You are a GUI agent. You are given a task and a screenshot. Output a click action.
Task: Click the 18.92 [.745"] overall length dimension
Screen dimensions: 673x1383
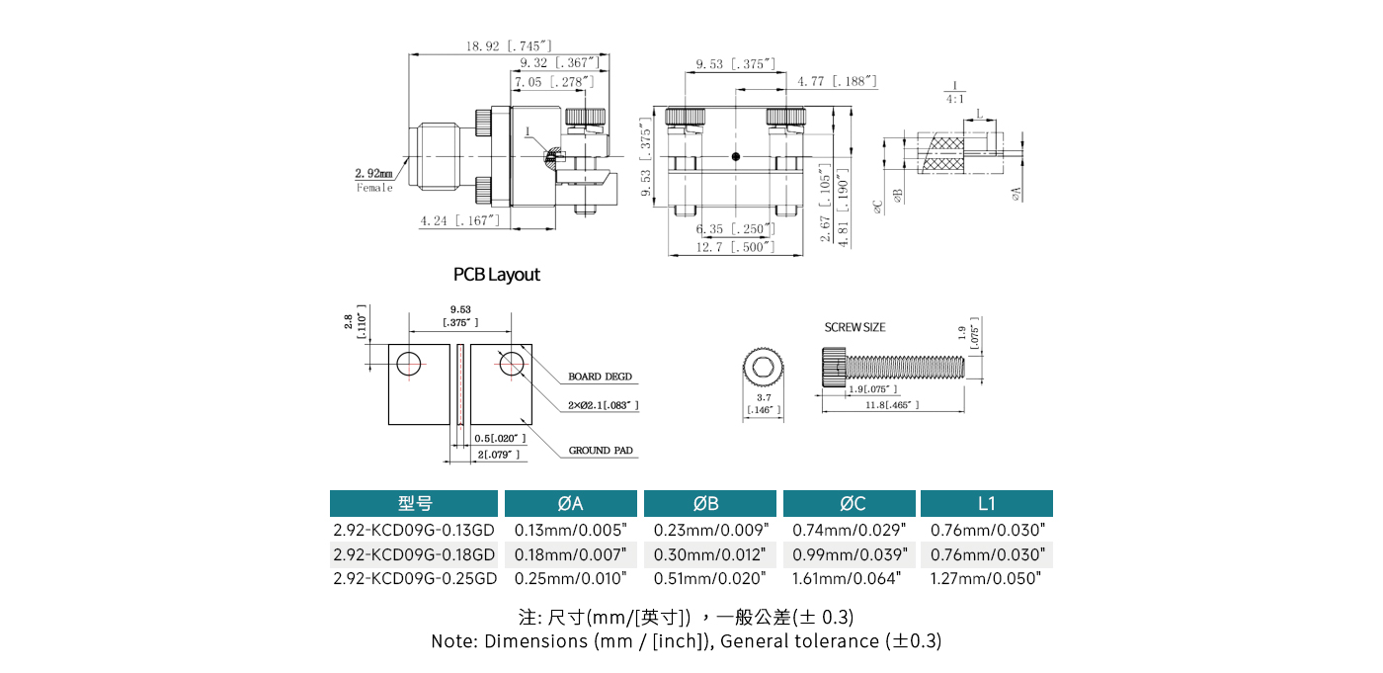tap(509, 45)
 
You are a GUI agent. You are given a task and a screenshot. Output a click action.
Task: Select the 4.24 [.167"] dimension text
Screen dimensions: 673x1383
tap(459, 220)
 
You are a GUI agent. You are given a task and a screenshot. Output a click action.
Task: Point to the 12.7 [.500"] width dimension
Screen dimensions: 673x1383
tap(735, 247)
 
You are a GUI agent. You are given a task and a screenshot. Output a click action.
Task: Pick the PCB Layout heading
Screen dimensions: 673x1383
tap(496, 275)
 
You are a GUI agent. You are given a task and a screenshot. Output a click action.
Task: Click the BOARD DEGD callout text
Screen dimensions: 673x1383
tap(600, 377)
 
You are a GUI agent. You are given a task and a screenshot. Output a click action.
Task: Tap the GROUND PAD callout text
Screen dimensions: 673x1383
tap(601, 451)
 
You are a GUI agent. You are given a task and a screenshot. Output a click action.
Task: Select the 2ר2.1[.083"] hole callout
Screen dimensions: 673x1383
tap(604, 405)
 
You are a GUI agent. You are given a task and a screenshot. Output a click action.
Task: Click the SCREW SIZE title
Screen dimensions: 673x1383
tap(854, 327)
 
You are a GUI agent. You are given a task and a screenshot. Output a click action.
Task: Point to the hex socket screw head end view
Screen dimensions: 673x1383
tap(763, 369)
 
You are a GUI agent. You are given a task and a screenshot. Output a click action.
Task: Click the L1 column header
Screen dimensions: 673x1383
tap(986, 504)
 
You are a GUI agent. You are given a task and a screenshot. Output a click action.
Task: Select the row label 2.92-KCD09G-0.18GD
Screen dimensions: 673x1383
tap(414, 554)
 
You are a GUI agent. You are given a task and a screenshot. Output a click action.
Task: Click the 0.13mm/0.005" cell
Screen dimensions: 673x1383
tap(571, 530)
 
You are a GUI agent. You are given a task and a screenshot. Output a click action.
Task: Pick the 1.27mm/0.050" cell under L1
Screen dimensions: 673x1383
tap(986, 579)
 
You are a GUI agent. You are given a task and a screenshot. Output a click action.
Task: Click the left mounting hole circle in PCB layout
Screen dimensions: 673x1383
tap(408, 366)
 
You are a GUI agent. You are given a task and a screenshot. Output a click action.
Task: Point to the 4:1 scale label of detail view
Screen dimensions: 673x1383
tap(955, 100)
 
